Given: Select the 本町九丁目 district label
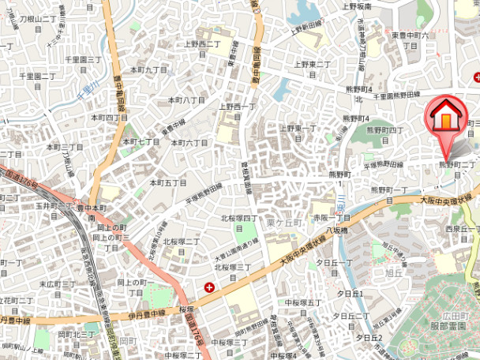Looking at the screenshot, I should coord(149,69).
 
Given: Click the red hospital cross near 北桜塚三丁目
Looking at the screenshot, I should coord(209,288).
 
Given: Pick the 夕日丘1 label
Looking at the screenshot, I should coord(350,293).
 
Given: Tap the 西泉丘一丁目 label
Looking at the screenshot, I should coord(462,231).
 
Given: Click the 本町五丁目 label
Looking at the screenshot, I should coord(168,182).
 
